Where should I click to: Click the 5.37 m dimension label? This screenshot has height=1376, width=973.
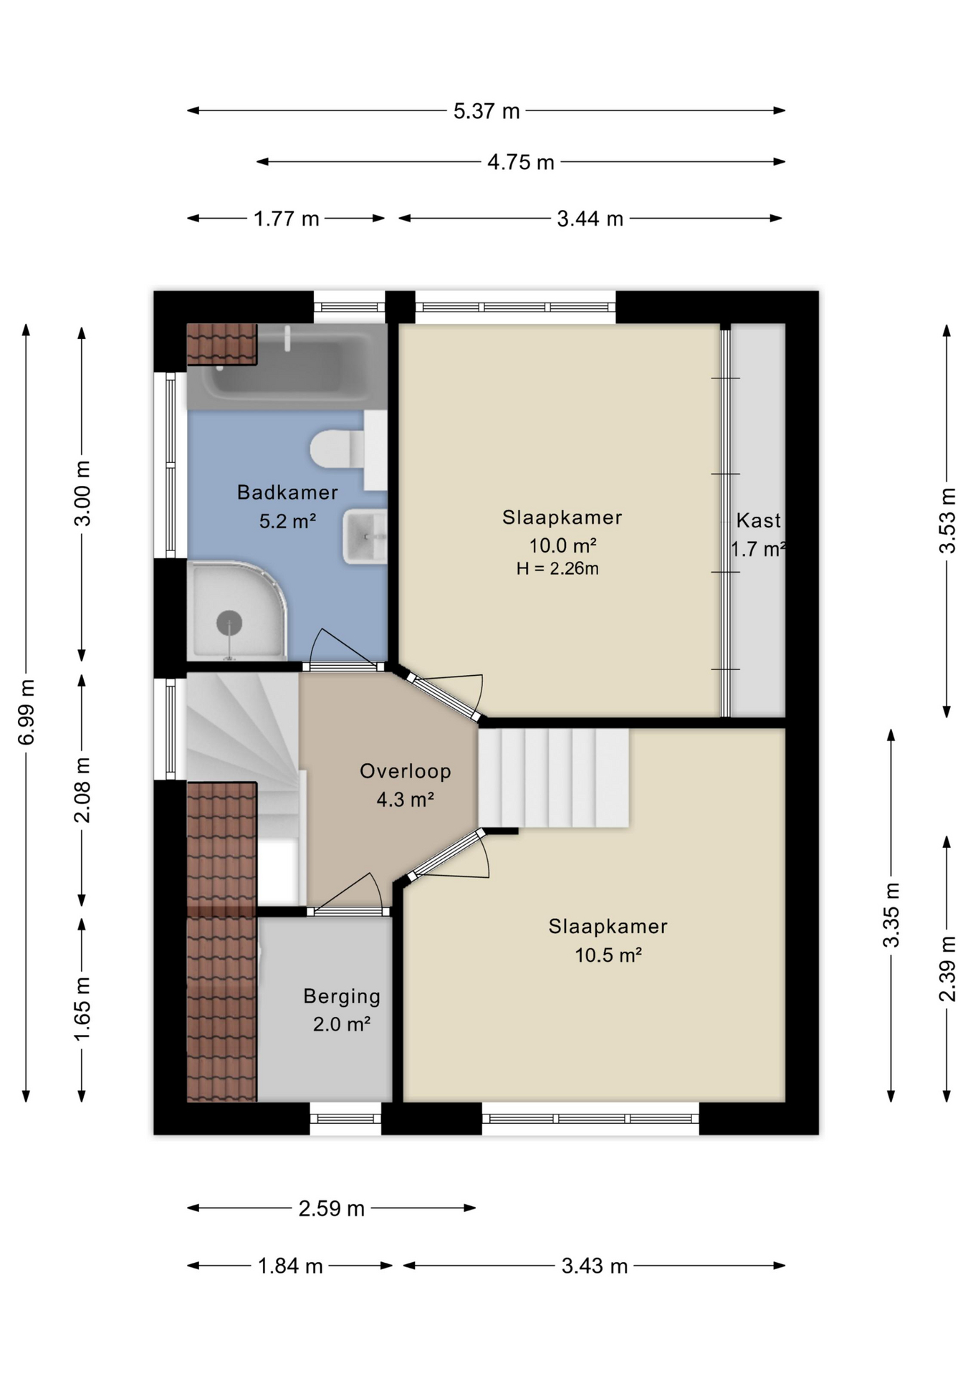point(486,111)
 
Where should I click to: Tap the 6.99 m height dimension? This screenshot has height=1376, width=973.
point(27,712)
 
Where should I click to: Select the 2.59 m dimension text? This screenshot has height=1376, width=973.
point(332,1208)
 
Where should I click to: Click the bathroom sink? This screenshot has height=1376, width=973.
point(365,536)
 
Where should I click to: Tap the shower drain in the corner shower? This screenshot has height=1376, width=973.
point(229,622)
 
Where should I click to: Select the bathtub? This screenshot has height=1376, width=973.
point(287,367)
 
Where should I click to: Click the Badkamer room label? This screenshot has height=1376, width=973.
point(287,492)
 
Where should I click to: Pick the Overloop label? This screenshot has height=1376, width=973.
point(406,771)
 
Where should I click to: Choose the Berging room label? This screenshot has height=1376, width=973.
point(342,996)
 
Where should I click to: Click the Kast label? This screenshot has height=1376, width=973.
point(758,520)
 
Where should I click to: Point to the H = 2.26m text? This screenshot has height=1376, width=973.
point(557,569)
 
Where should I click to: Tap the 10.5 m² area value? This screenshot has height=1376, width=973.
point(608,955)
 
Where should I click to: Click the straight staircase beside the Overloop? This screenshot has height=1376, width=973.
point(553,778)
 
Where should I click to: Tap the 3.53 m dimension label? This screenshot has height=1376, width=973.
point(947,520)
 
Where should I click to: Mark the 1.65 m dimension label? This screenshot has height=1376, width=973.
point(82,1008)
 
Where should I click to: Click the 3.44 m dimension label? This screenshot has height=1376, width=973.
point(590,219)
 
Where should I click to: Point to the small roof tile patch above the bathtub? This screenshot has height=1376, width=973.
point(221,344)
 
